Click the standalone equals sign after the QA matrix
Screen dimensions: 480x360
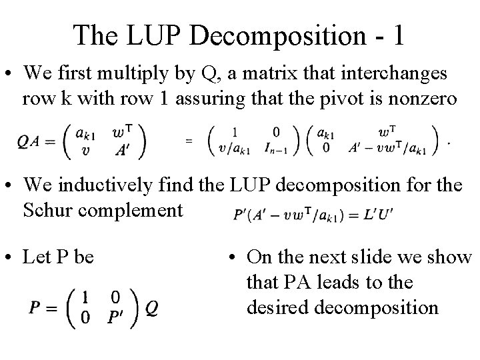[189, 141]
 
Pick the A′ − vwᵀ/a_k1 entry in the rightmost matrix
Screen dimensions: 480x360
[390, 148]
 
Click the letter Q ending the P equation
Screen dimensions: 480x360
[151, 307]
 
